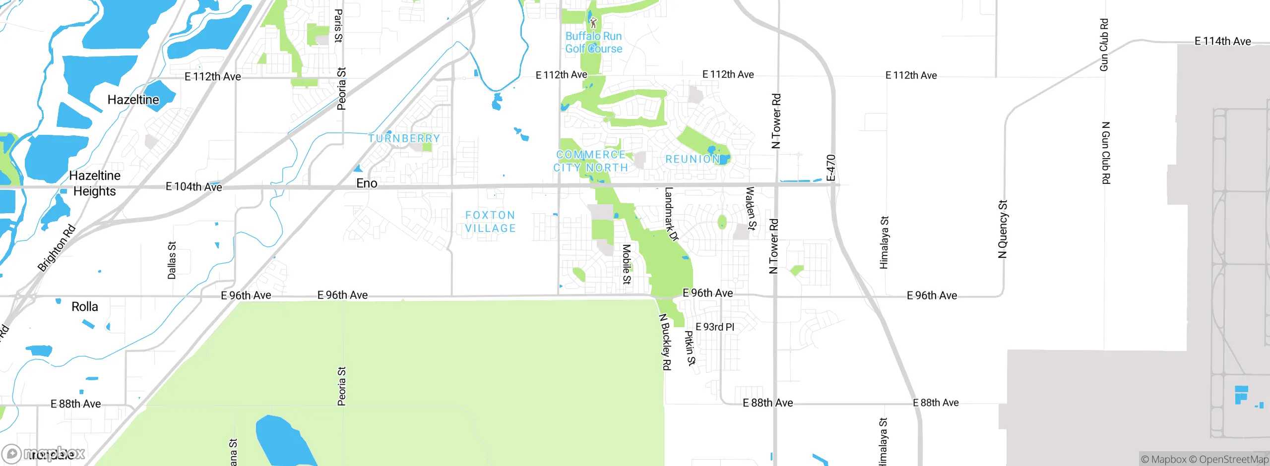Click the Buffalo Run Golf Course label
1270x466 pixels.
coord(593,43)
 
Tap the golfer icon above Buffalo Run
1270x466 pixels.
coord(593,22)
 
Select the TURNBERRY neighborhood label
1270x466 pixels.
coord(404,138)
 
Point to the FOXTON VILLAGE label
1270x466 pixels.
coord(490,222)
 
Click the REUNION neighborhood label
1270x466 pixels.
coord(692,159)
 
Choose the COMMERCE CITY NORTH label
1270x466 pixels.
coord(591,161)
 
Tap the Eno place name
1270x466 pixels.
coord(367,183)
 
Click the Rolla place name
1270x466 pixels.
coord(85,307)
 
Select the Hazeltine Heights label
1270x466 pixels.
coord(94,183)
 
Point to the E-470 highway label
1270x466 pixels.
coord(831,168)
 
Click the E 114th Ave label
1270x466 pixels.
coord(1222,41)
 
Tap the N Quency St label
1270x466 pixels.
coord(1003,229)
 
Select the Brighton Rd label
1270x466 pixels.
coord(57,248)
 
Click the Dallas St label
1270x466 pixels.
coord(172,260)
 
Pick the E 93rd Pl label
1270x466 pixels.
coord(715,327)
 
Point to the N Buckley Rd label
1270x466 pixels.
coord(665,342)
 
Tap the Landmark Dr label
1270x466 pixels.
coord(671,214)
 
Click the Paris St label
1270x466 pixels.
coord(338,26)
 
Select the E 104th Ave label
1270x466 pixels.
coord(193,187)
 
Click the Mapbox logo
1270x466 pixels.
coord(44,454)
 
